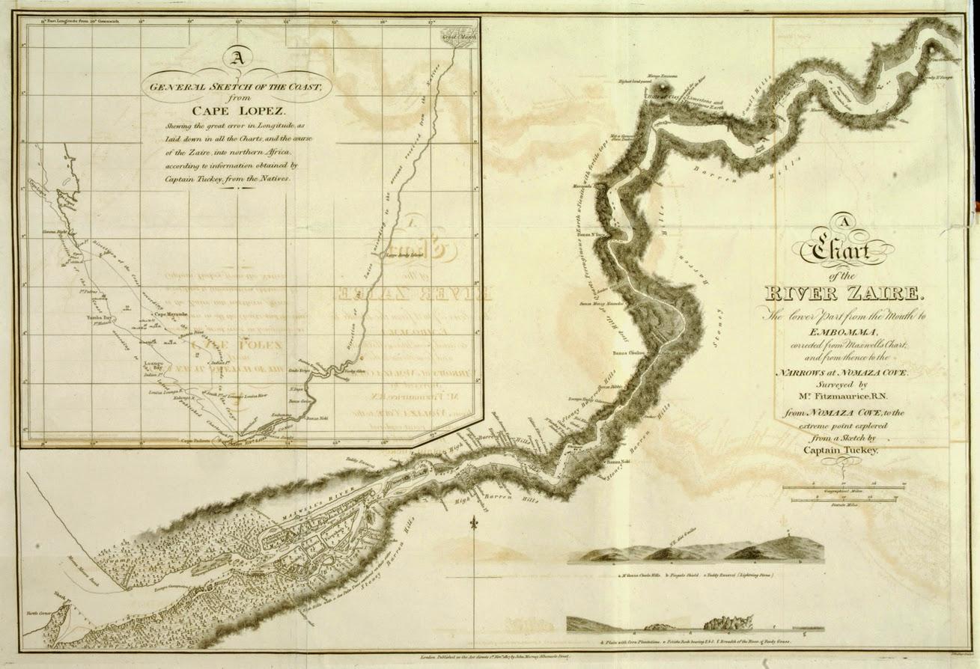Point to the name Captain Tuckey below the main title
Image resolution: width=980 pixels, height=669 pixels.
842,450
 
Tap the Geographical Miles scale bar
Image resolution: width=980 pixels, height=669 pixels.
843,488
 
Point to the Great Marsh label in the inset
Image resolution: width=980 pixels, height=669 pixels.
457,35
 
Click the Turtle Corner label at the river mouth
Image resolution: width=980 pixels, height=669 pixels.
37,634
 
